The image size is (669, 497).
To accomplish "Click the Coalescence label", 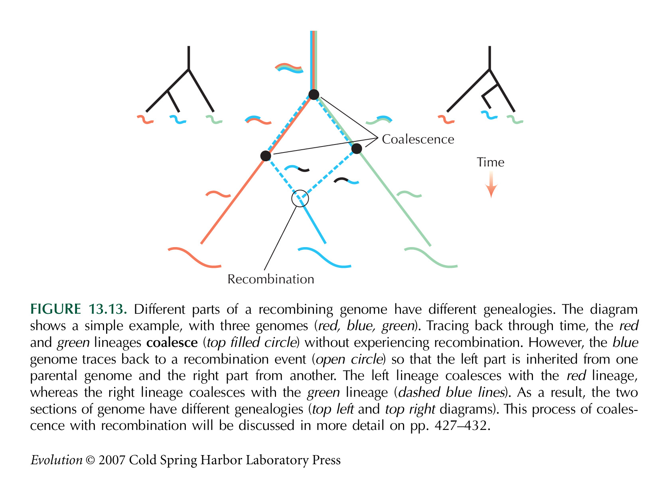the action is [418, 139].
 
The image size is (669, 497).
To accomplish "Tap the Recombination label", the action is [270, 279].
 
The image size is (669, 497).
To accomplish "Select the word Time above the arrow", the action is [490, 162].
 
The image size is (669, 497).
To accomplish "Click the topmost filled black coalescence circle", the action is [314, 95].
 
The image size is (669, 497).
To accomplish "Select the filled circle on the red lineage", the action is [265, 156].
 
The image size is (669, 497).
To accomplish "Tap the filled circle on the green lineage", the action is [357, 149].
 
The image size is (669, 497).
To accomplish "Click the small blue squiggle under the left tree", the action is [178, 119].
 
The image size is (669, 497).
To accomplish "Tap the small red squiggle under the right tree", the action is [446, 119].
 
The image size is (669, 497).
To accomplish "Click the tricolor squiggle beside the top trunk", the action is [289, 68].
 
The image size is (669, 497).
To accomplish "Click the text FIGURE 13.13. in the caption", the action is [79, 309].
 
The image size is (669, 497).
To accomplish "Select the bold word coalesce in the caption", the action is [172, 343].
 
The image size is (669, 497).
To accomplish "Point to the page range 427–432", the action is [461, 426].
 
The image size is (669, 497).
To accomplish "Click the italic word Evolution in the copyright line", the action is [56, 460].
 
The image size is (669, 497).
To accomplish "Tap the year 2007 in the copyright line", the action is [112, 460].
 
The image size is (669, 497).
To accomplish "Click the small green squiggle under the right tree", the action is [515, 119].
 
